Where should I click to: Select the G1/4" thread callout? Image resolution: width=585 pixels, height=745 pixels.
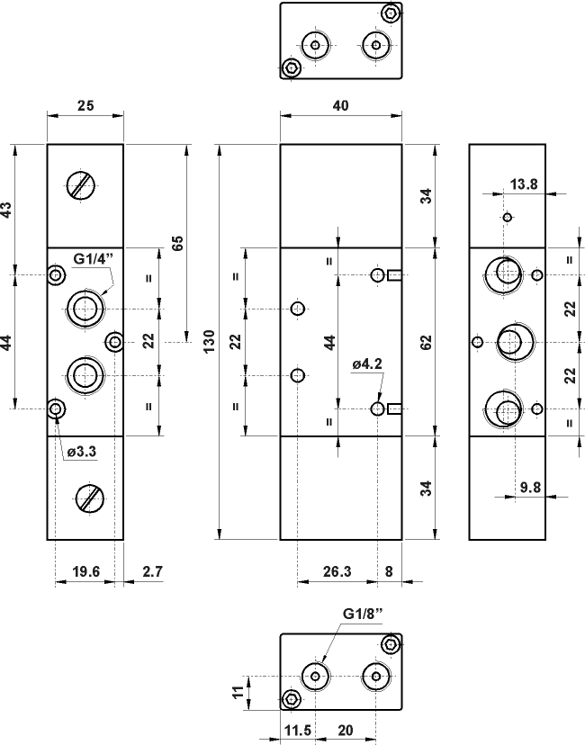pyautogui.click(x=94, y=259)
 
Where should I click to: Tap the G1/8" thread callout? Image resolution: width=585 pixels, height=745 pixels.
pyautogui.click(x=363, y=614)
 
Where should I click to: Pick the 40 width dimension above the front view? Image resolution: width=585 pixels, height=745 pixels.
pyautogui.click(x=341, y=105)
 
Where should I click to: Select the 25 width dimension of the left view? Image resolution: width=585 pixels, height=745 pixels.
pyautogui.click(x=85, y=105)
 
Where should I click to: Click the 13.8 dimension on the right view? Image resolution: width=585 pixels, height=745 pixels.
pyautogui.click(x=524, y=184)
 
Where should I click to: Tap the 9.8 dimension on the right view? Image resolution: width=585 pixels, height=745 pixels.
pyautogui.click(x=531, y=489)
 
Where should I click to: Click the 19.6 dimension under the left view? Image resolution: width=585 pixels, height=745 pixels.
pyautogui.click(x=85, y=570)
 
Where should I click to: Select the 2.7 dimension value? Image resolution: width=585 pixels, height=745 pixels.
pyautogui.click(x=153, y=570)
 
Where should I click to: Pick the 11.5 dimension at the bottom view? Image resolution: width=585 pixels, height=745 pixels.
pyautogui.click(x=297, y=731)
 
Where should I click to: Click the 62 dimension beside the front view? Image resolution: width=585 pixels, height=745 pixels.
pyautogui.click(x=427, y=341)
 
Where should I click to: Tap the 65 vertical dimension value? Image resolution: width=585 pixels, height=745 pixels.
pyautogui.click(x=177, y=243)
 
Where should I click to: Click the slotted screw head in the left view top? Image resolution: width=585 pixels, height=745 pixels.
pyautogui.click(x=81, y=185)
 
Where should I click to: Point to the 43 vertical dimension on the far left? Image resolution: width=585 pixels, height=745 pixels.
pyautogui.click(x=7, y=210)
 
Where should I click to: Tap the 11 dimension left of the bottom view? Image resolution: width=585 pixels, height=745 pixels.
pyautogui.click(x=238, y=691)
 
